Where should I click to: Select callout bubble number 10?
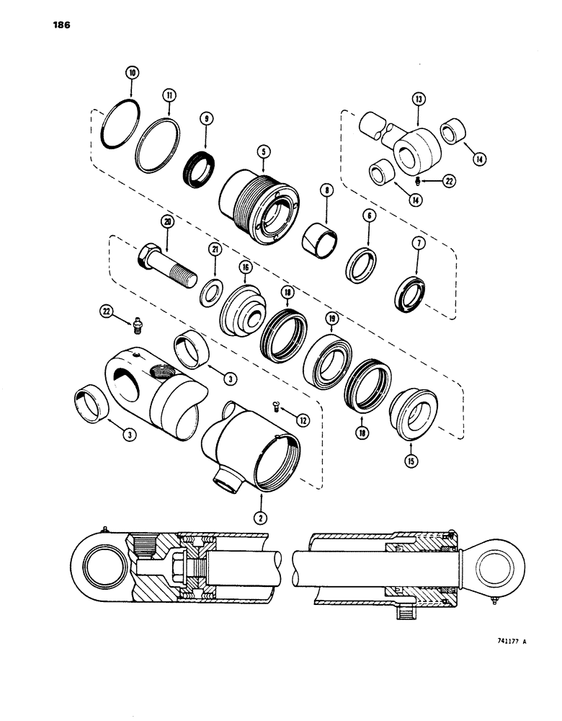pyautogui.click(x=131, y=72)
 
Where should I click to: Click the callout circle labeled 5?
pyautogui.click(x=264, y=151)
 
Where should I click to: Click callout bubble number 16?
pyautogui.click(x=245, y=267)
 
